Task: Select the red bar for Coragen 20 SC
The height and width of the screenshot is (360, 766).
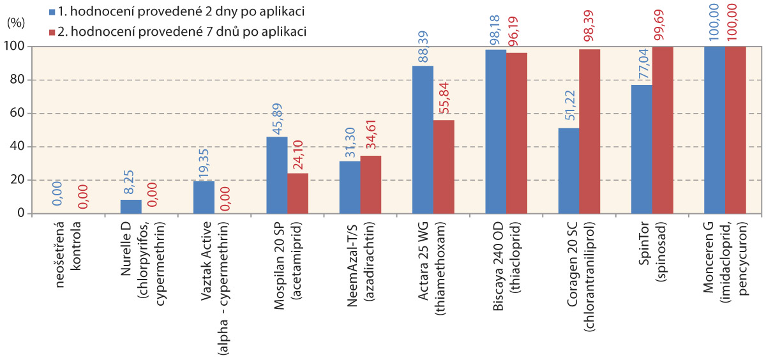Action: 589,131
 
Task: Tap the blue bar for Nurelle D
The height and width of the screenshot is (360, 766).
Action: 131,206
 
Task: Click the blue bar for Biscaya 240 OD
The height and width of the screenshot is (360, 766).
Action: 495,131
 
